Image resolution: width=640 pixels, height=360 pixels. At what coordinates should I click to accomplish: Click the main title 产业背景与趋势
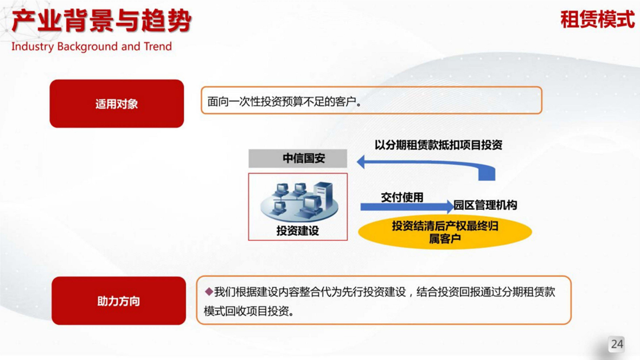[x=101, y=21]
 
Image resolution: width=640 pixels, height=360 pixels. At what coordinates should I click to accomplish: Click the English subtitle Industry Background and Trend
[x=92, y=47]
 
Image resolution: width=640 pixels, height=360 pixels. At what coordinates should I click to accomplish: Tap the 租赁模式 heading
[x=598, y=19]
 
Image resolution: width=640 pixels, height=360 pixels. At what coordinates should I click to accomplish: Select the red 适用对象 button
[x=117, y=104]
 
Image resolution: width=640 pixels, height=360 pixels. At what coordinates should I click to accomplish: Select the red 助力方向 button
[x=119, y=301]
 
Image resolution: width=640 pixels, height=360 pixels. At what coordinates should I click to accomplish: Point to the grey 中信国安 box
[x=298, y=158]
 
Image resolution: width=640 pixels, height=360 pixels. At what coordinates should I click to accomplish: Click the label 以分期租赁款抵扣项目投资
[x=438, y=145]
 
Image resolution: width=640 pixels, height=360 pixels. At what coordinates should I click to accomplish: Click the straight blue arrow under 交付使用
[x=407, y=207]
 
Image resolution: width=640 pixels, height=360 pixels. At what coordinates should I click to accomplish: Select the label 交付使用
[x=402, y=197]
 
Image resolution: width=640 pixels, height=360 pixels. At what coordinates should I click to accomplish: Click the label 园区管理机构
[x=485, y=205]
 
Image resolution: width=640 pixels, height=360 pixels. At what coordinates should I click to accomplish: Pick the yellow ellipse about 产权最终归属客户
[x=445, y=232]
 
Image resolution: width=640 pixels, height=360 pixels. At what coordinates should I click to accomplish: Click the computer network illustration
[x=299, y=202]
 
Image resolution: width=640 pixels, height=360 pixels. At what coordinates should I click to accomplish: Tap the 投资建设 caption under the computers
[x=298, y=231]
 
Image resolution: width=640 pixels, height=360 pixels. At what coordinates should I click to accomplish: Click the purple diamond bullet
[x=209, y=292]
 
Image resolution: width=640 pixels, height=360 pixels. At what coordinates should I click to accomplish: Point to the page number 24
[x=617, y=344]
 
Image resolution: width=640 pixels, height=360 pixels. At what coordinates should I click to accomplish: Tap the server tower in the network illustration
[x=324, y=195]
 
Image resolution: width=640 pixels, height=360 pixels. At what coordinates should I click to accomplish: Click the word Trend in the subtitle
[x=157, y=47]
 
